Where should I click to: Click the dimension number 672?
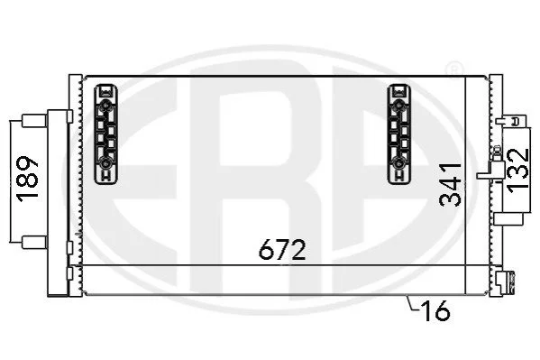click(x=282, y=249)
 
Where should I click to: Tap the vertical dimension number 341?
click(x=451, y=185)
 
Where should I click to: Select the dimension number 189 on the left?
click(x=28, y=179)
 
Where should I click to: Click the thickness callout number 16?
click(x=435, y=310)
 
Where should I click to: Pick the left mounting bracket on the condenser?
click(x=105, y=134)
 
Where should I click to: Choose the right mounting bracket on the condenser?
click(x=399, y=134)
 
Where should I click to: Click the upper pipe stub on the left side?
click(x=34, y=121)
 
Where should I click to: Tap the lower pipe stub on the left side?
click(x=34, y=243)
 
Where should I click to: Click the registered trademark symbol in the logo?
click(x=454, y=69)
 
